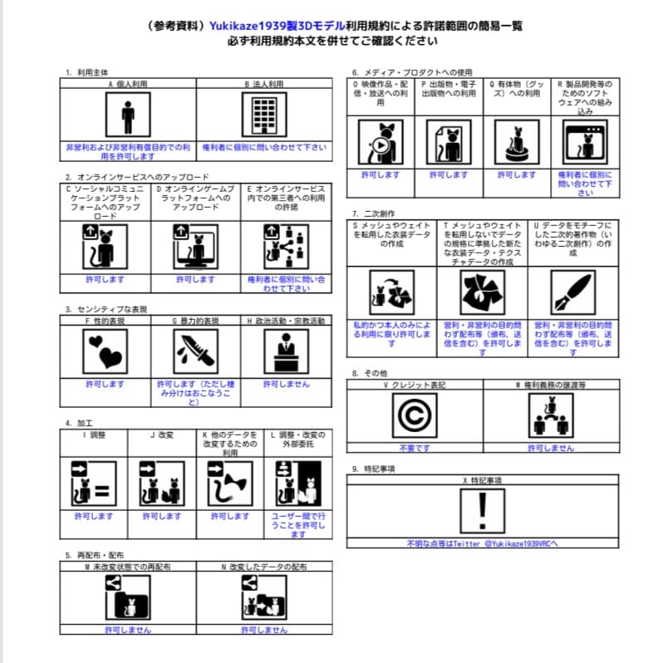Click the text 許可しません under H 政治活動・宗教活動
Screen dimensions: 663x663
click(286, 385)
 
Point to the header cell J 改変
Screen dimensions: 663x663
click(162, 435)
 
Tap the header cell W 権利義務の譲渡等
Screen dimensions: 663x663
click(550, 386)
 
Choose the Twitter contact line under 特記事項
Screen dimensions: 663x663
click(482, 543)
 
